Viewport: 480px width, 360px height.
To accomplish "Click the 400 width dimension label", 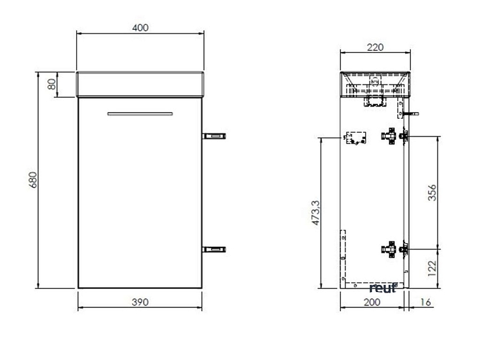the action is coord(140,27).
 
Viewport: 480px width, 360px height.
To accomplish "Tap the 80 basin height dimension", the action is coord(51,84).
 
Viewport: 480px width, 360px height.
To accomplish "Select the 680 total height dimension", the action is coord(32,180).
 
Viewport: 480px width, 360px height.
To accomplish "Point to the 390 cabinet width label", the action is coord(140,302).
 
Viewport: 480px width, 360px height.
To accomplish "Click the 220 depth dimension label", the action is coord(375,47).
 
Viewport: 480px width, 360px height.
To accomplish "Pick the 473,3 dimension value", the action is coord(316,213).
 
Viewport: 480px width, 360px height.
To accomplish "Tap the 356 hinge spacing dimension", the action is coord(432,192).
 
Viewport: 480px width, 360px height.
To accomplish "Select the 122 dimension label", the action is coord(432,269).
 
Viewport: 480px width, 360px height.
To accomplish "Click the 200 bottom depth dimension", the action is coord(372,302).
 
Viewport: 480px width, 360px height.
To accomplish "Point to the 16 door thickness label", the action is coord(425,302).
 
